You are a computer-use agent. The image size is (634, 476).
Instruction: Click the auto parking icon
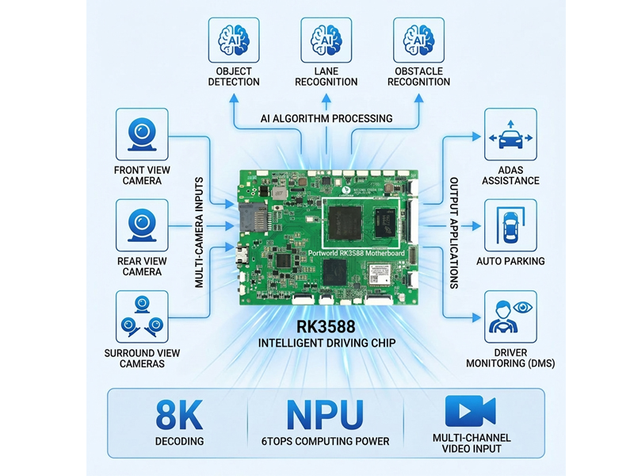coord(510,225)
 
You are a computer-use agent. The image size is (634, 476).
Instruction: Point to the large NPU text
coord(326,415)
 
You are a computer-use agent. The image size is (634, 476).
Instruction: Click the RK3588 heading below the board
coord(326,327)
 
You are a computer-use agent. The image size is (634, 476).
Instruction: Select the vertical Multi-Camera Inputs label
coord(200,232)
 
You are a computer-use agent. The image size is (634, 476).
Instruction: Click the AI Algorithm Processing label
coord(326,118)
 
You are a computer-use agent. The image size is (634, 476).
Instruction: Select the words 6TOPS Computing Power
coord(326,441)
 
